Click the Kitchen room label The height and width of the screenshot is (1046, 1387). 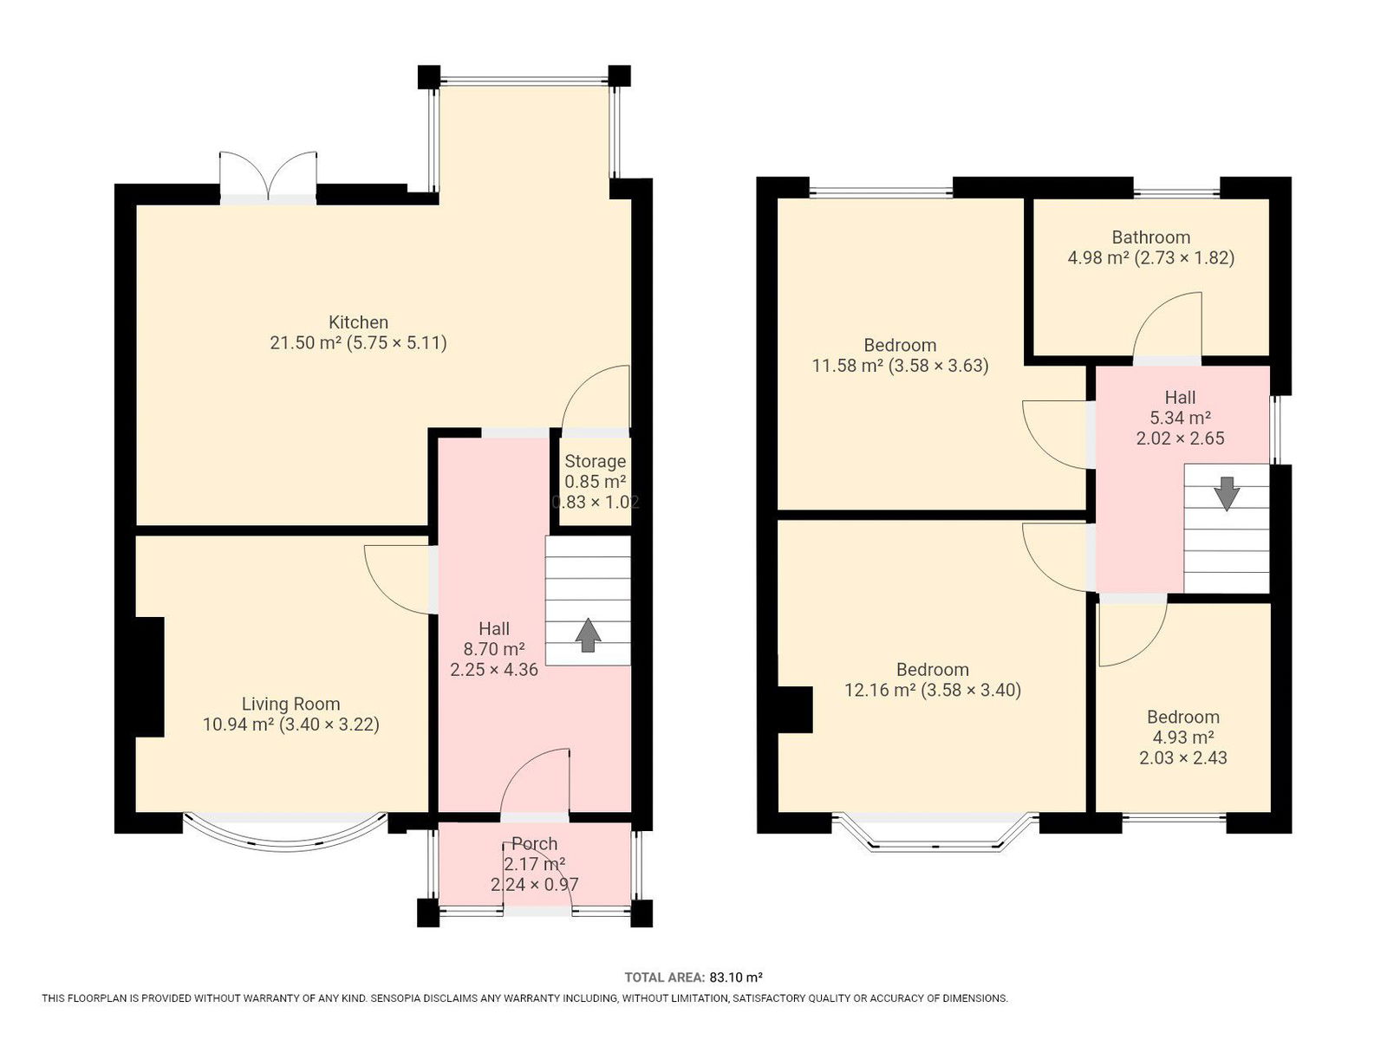point(358,322)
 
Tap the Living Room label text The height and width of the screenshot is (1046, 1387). point(290,704)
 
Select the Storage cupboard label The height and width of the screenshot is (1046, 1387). point(595,461)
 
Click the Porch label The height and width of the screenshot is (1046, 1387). point(534,843)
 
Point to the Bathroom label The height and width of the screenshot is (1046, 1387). point(1150,237)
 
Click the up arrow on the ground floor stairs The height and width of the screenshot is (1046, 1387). point(588,634)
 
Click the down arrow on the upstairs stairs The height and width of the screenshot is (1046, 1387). point(1227,494)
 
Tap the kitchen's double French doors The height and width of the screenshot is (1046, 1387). point(267,177)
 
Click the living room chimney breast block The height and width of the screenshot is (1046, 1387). point(150,677)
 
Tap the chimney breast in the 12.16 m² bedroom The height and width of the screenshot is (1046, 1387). point(795,710)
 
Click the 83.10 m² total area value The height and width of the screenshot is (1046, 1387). point(735,978)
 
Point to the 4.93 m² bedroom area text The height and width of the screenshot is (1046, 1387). point(1183,737)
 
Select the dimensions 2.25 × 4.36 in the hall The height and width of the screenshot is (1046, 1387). point(493,670)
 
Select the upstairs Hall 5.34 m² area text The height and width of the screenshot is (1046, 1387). point(1180,418)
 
